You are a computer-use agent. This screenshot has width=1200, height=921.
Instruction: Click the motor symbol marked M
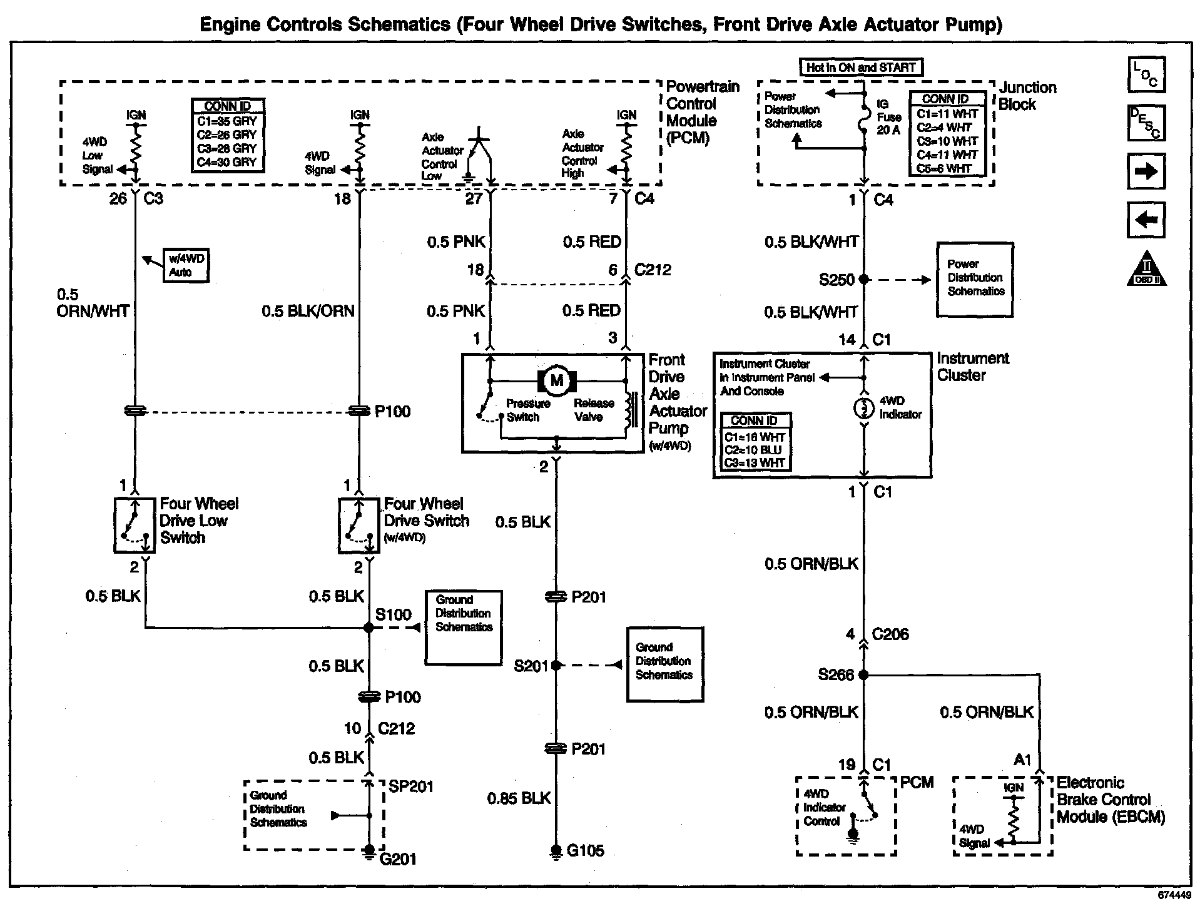tap(556, 380)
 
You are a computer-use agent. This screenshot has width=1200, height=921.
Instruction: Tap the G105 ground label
tap(585, 851)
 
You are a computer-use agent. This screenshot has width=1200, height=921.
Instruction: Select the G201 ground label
tap(398, 859)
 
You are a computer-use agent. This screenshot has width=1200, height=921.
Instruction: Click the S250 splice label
tap(836, 280)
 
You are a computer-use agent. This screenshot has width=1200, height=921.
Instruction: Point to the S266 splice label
tap(836, 674)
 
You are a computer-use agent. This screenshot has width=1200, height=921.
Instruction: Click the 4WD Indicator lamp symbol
tap(864, 409)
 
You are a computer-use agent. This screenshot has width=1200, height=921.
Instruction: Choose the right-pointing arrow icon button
tap(1146, 171)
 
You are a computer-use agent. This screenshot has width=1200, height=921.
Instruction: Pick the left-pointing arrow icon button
tap(1146, 220)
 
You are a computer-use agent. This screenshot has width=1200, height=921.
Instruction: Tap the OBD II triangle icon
tap(1147, 269)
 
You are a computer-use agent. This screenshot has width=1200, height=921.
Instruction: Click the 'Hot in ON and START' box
tap(861, 68)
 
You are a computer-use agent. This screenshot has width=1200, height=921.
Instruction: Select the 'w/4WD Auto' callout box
tap(186, 266)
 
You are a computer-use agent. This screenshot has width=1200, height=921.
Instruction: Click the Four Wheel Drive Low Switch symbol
tap(135, 526)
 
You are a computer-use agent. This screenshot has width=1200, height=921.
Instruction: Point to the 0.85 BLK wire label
tap(519, 798)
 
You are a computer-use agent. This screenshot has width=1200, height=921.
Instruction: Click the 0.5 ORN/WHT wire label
tap(93, 303)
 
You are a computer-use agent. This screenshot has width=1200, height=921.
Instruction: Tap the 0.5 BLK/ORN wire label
tap(308, 311)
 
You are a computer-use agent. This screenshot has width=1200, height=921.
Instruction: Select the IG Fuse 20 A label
tap(888, 117)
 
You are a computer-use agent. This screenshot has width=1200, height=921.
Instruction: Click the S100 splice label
tap(393, 614)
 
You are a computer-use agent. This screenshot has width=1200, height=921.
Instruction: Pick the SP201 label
tap(410, 786)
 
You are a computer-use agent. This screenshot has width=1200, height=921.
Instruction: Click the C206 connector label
tap(890, 634)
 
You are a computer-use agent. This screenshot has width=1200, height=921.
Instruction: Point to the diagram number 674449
tap(1174, 895)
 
